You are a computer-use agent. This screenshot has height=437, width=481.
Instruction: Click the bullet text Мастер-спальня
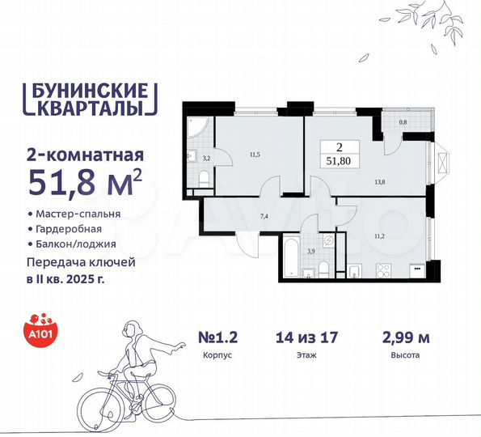pyautogui.click(x=78, y=214)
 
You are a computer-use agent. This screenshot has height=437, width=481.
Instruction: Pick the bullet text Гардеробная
pyautogui.click(x=70, y=229)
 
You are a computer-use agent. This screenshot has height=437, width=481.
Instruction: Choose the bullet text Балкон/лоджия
pyautogui.click(x=75, y=244)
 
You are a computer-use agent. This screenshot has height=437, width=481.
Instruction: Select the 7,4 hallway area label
pyautogui.click(x=264, y=218)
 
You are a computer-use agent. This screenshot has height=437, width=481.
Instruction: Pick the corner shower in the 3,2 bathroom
pyautogui.click(x=196, y=129)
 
